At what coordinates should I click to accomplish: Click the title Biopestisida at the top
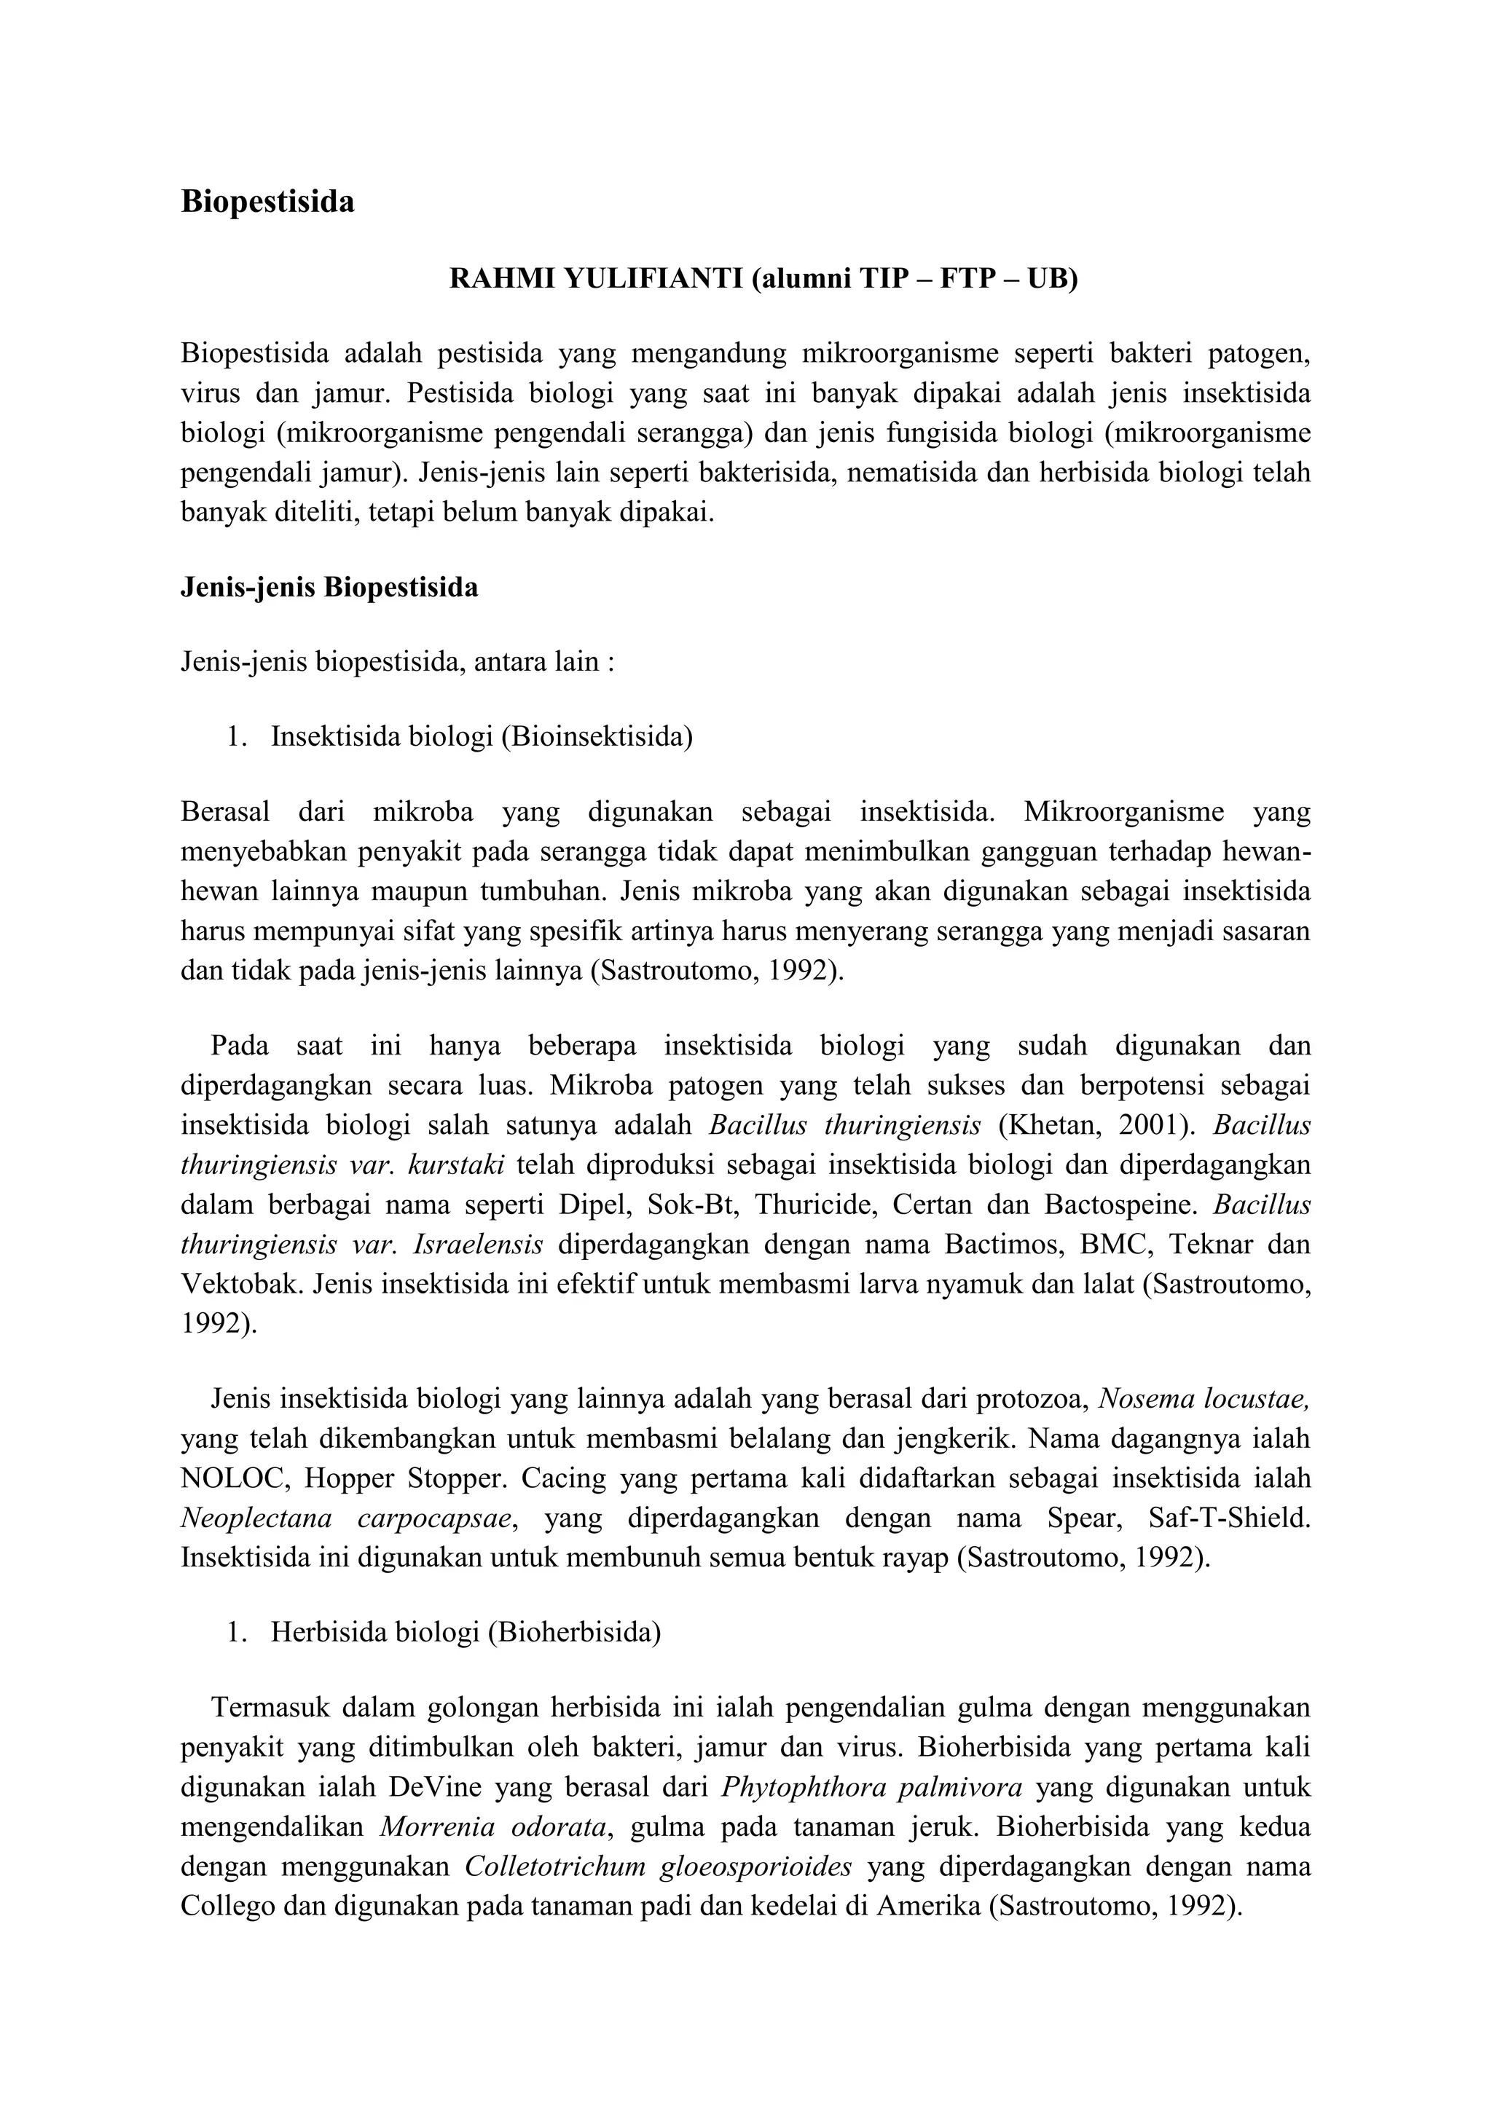click(x=267, y=202)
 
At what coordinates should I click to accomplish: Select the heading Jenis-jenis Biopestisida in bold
click(x=329, y=587)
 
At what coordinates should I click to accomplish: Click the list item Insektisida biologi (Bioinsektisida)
click(x=482, y=738)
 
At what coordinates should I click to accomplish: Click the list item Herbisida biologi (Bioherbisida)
click(x=466, y=1632)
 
